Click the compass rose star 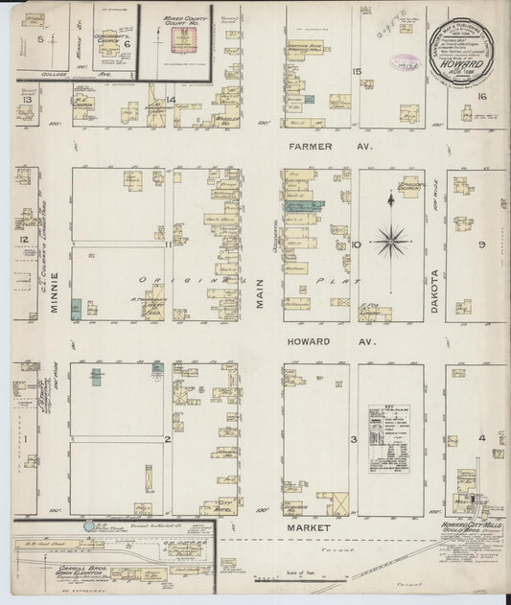pos(391,240)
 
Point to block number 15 pos(357,72)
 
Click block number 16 pos(482,96)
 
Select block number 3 pos(354,439)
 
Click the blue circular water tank pos(89,526)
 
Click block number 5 pos(40,39)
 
